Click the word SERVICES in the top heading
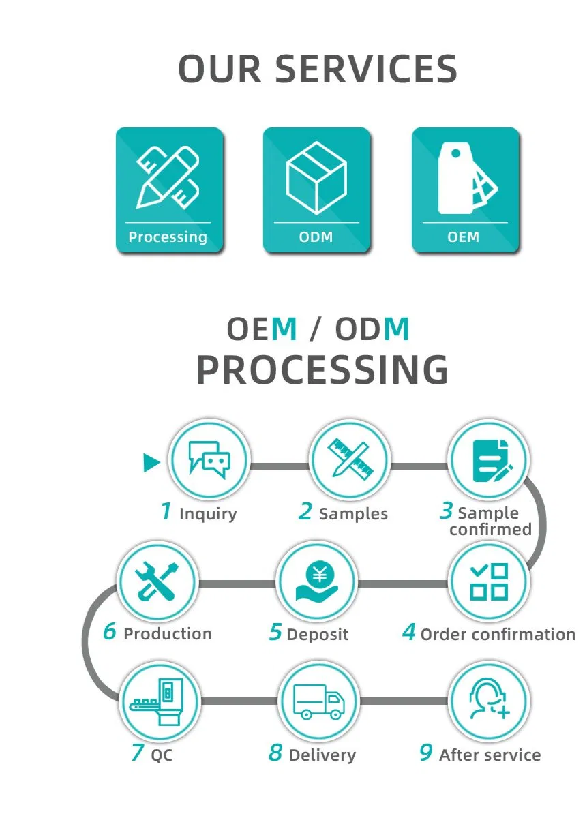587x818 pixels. pos(366,69)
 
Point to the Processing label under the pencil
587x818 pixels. pos(168,237)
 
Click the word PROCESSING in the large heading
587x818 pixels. pos(322,370)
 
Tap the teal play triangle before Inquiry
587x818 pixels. pos(151,464)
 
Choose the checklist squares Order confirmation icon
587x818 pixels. pos(489,582)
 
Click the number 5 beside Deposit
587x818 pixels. pos(275,633)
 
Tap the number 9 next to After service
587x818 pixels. pos(425,753)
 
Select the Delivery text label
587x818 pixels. pos(322,755)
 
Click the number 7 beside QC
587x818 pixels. pos(137,753)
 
